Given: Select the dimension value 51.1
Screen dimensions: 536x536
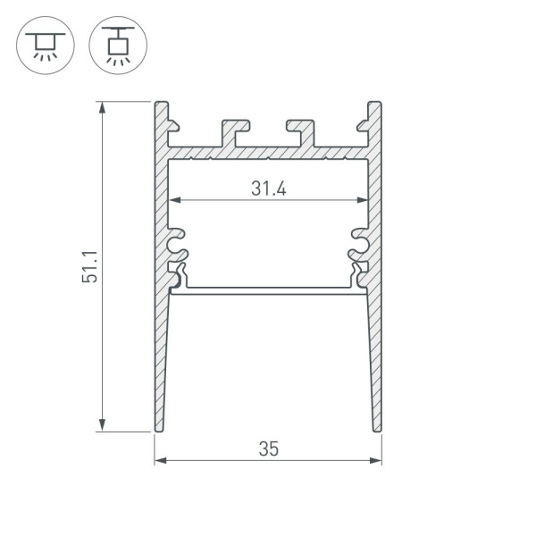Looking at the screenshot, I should click(89, 266).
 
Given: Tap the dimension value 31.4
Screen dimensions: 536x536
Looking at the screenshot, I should click(268, 188).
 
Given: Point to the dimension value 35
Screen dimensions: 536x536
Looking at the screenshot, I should click(268, 449).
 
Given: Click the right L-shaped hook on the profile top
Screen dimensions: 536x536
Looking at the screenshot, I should click(302, 129).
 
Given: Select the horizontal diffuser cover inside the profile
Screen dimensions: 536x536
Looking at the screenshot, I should click(268, 289).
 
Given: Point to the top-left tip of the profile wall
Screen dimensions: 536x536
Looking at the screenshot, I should click(161, 104).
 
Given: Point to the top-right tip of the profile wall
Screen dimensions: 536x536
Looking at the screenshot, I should click(375, 104).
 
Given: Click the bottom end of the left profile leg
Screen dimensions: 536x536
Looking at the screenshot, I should click(158, 430).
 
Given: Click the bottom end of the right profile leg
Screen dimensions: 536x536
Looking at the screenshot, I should click(378, 430).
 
